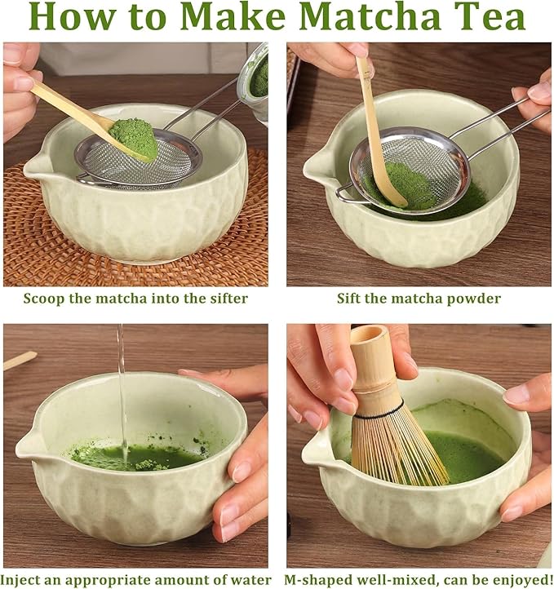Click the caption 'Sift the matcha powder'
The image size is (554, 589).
click(x=419, y=299)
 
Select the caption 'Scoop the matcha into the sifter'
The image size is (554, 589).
click(x=135, y=299)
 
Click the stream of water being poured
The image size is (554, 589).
click(x=122, y=383)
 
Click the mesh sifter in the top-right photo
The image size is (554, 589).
click(x=404, y=171)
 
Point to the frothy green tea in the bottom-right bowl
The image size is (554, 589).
click(x=469, y=449)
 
